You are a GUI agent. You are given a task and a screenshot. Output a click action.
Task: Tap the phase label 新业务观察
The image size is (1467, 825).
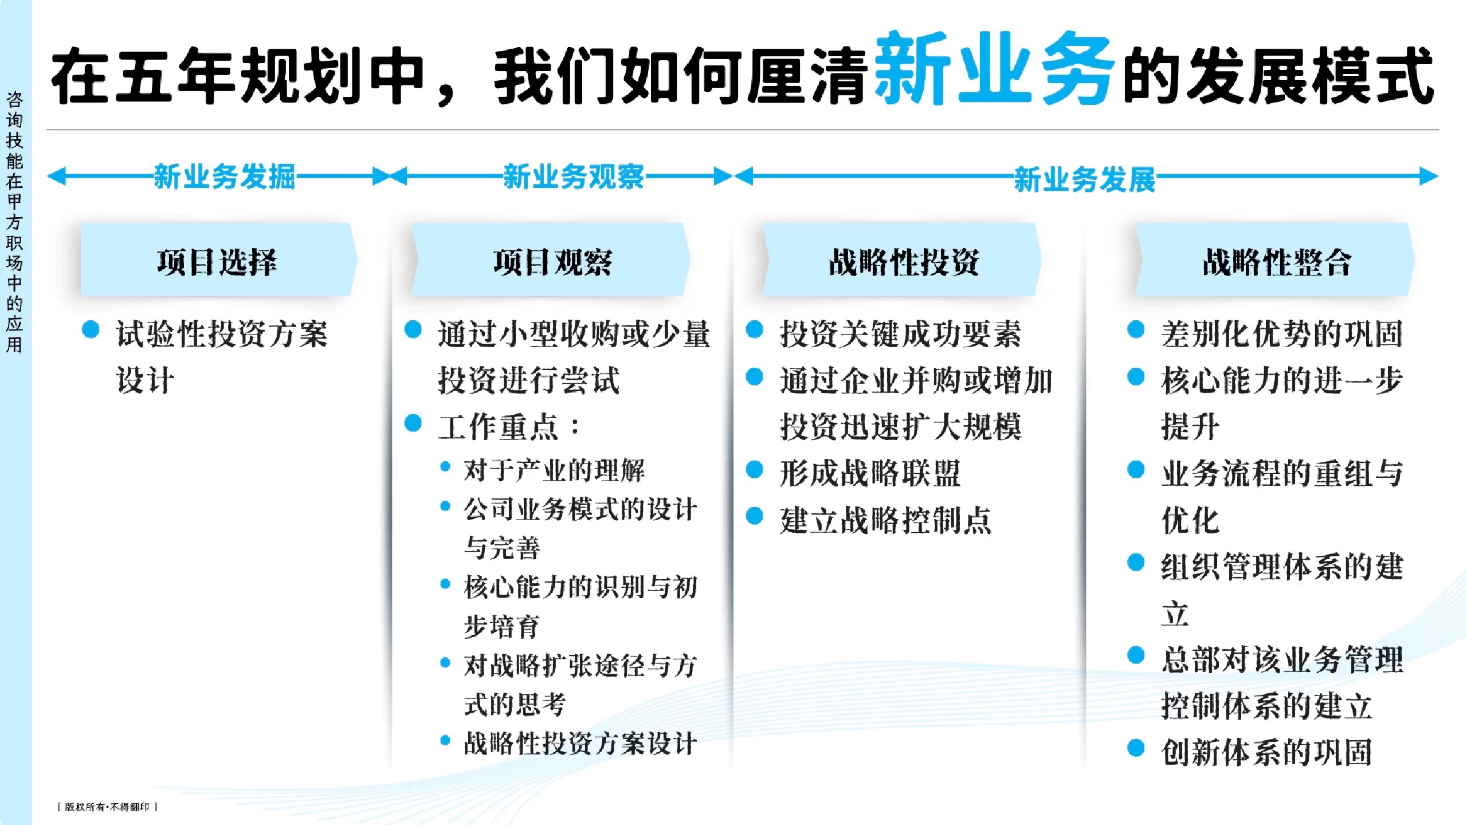[574, 176]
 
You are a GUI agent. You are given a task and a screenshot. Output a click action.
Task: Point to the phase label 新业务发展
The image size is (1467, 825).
[1084, 179]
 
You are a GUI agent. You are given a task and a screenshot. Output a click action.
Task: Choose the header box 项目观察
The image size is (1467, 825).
[552, 261]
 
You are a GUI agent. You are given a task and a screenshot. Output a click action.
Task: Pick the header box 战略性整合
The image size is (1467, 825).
[1276, 261]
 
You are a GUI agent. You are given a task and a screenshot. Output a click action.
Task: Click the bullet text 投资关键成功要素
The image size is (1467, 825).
[900, 333]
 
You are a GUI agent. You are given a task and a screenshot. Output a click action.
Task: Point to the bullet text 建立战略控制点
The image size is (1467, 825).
[885, 520]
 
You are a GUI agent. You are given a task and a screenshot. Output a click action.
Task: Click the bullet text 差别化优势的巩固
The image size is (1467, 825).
[1282, 333]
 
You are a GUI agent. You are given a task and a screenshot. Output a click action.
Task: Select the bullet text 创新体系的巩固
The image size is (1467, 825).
[1266, 752]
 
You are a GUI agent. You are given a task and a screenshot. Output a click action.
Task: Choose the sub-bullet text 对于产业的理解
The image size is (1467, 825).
[554, 470]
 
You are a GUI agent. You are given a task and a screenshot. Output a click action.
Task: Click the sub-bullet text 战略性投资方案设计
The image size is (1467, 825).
[580, 743]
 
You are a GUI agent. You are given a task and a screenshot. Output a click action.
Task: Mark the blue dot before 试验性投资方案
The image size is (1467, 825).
[91, 329]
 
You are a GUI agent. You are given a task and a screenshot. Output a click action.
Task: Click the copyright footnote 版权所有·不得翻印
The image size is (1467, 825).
[107, 807]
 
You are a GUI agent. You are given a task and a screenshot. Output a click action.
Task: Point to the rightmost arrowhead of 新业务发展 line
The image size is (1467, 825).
[1430, 176]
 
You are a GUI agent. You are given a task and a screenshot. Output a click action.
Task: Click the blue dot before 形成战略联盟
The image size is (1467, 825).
[755, 470]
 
